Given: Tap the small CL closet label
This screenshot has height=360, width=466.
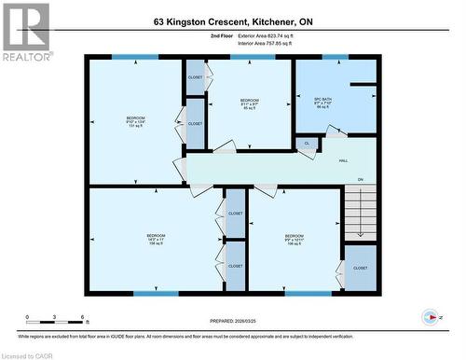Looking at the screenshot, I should (x=307, y=144).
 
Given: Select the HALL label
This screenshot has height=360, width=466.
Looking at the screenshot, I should (x=344, y=160).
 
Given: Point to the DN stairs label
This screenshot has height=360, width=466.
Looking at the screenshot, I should (x=360, y=179).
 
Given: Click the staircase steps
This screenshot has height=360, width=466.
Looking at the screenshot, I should (x=359, y=211).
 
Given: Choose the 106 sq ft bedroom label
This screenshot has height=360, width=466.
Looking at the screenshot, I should (x=294, y=240).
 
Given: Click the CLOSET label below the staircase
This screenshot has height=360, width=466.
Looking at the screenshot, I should (x=360, y=268).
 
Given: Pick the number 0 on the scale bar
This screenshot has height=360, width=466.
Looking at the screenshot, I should (x=27, y=318).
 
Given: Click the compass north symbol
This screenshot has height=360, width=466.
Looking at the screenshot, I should (x=431, y=316).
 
